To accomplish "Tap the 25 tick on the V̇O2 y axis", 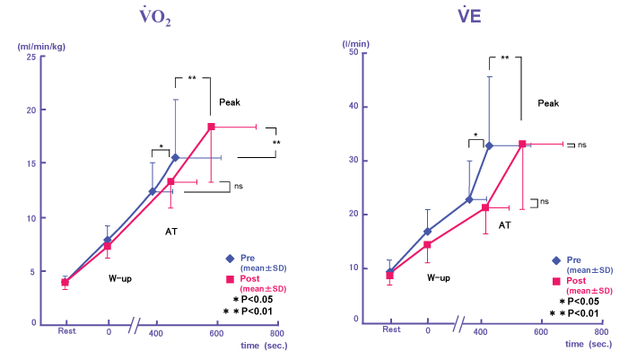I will click(32, 57).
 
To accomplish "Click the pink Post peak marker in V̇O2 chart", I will click(211, 127).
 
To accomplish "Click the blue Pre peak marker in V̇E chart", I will click(489, 145).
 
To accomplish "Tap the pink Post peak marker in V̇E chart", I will click(522, 145).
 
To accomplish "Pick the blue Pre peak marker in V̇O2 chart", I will click(176, 157).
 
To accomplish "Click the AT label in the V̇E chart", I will click(504, 224).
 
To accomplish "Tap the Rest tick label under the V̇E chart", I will click(391, 329).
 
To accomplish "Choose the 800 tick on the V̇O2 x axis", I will click(276, 332).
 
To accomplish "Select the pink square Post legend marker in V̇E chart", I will click(556, 281).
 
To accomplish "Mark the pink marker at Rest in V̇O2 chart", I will click(65, 283).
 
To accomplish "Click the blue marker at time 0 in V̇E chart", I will click(428, 232).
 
